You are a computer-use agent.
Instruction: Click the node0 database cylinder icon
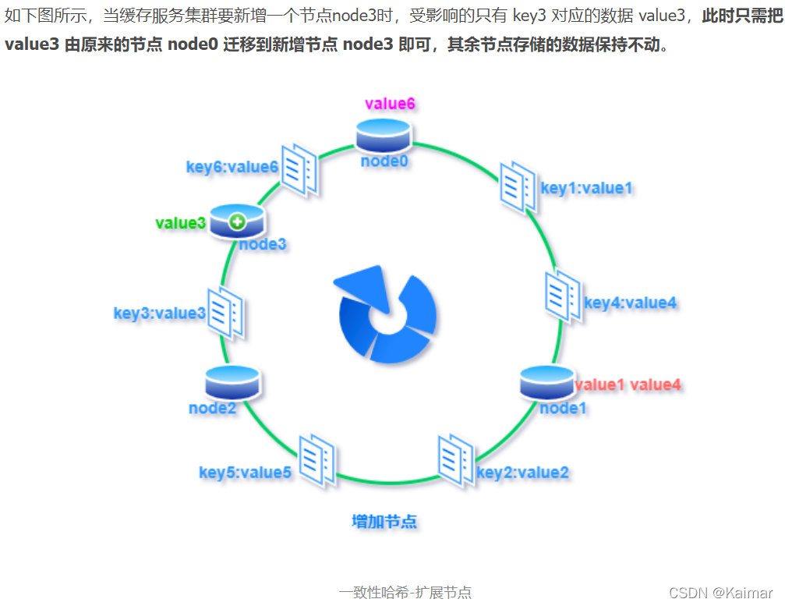tap(383, 136)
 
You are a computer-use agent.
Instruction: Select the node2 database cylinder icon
tap(232, 381)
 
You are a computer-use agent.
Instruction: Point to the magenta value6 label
tap(390, 104)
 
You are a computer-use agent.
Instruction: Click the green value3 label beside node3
tap(180, 223)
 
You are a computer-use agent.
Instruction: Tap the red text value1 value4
tap(628, 385)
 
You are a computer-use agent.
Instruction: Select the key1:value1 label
tap(586, 187)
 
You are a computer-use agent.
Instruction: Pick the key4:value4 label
tap(630, 303)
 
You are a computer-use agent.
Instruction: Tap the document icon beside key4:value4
tap(561, 296)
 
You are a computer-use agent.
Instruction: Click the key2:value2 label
tap(522, 472)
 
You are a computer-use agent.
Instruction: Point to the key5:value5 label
tap(246, 472)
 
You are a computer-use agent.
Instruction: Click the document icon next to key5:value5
tap(317, 460)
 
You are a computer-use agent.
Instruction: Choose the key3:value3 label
tap(160, 314)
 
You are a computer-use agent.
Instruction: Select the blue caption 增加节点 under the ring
tap(384, 522)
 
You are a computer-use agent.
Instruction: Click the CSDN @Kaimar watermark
tap(721, 593)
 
